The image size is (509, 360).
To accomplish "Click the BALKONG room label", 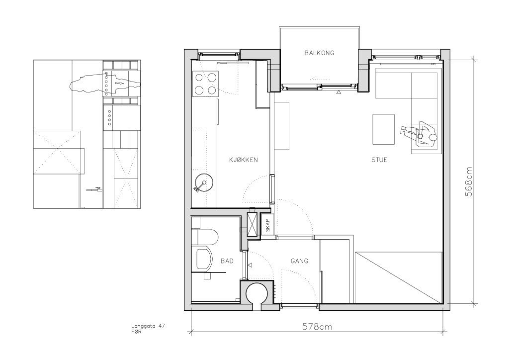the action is click(319, 53).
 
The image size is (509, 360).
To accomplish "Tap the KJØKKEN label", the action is click(244, 160).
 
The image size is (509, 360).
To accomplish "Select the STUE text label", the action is click(379, 160).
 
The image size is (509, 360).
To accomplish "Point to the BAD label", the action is click(227, 261).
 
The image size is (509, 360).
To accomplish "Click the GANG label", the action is click(299, 261).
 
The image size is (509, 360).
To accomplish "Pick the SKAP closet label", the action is click(268, 226).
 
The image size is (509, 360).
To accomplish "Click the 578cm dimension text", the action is click(317, 327).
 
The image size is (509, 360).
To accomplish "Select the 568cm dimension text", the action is click(469, 182).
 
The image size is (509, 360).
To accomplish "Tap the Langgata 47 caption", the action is click(148, 326).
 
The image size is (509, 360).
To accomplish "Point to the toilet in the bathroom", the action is click(204, 237).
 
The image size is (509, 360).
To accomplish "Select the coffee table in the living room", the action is click(383, 129).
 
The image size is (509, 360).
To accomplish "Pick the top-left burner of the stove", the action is click(198, 77).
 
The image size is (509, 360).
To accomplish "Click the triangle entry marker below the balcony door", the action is click(339, 92).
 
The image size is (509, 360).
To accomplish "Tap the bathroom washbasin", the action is click(204, 259).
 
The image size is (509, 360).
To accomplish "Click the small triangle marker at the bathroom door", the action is click(250, 266).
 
